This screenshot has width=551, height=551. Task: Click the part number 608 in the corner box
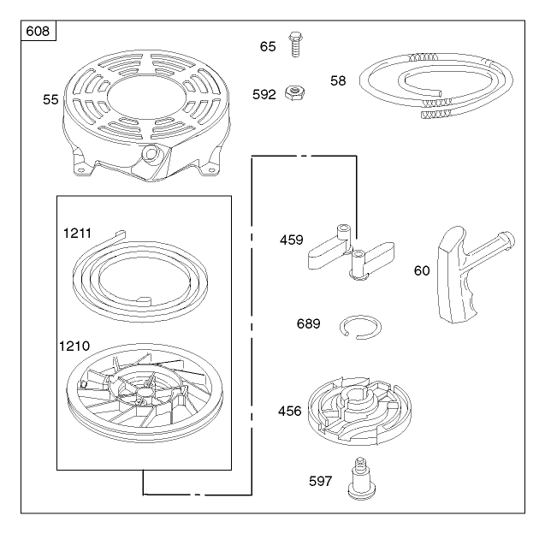tap(38, 32)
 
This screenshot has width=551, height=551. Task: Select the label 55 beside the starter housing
tap(50, 100)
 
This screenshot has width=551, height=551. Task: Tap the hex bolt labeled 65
tap(295, 44)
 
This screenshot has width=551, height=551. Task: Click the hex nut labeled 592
tap(295, 94)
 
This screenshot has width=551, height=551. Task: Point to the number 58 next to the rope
tap(338, 80)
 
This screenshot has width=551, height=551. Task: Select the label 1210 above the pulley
tap(74, 347)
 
